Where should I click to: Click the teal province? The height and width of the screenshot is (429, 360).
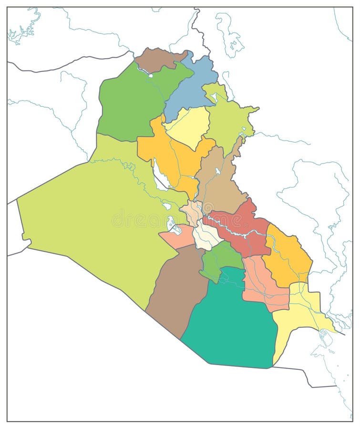point(229,324)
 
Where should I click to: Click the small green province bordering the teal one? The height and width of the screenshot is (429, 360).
point(217,260)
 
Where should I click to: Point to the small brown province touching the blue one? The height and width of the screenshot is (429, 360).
point(155,60)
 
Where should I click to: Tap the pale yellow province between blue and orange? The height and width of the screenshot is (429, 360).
point(188,126)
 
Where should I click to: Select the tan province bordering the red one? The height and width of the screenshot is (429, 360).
point(219,184)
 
